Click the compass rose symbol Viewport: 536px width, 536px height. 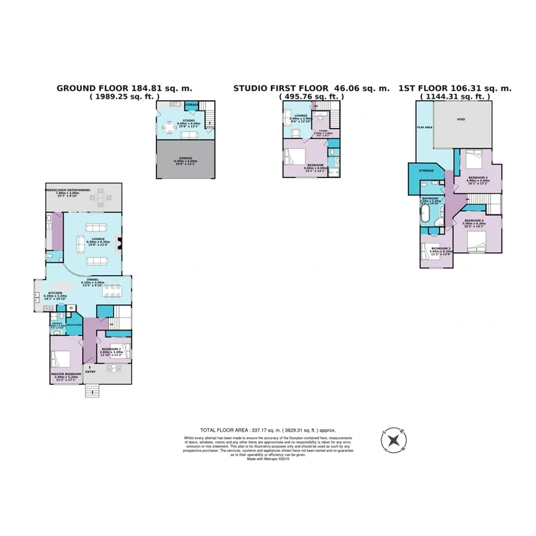[394, 440]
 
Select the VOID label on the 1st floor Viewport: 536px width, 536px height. [461, 119]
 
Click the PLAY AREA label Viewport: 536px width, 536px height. [423, 127]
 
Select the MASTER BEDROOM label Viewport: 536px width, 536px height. [66, 374]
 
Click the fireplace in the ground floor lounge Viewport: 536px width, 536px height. [120, 243]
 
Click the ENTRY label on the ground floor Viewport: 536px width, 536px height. [91, 372]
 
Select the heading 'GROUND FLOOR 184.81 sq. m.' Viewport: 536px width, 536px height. [124, 88]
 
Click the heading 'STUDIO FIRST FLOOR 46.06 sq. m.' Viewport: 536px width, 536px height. [311, 88]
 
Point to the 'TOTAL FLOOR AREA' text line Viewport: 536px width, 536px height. [267, 429]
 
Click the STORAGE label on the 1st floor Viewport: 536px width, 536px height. [426, 171]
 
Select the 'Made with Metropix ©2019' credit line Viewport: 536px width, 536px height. [267, 459]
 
